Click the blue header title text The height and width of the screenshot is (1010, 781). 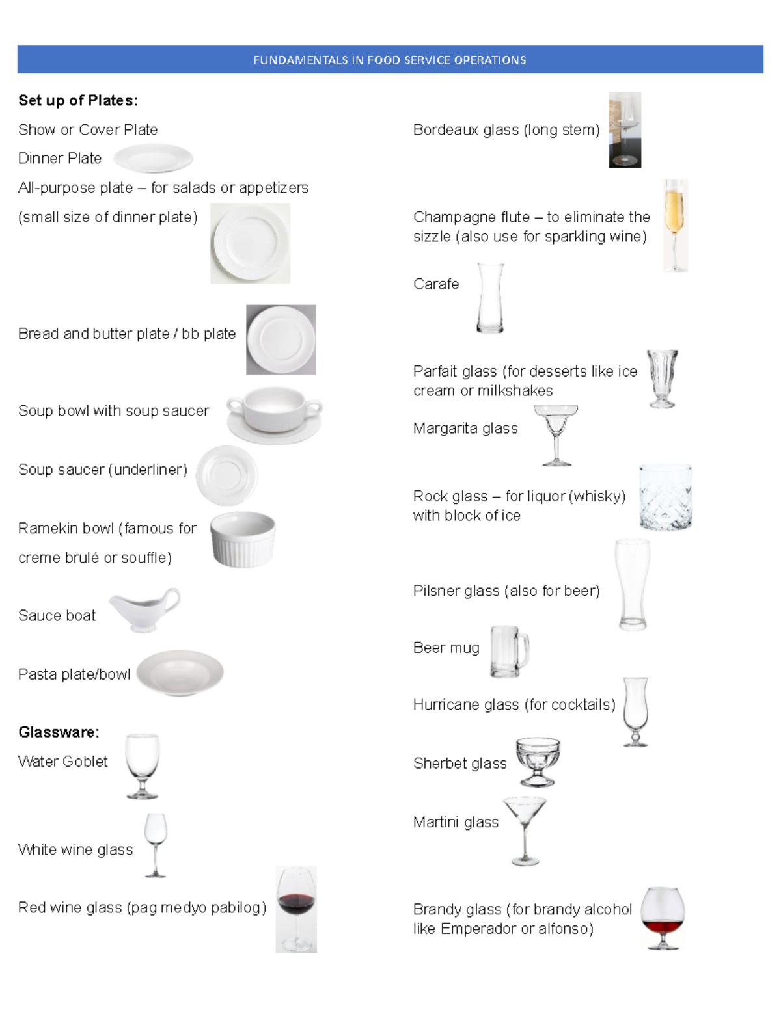389,60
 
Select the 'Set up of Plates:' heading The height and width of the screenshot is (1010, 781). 78,100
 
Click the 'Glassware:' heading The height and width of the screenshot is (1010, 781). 59,732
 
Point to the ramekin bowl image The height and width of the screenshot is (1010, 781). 243,539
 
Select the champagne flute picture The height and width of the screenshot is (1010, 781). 675,225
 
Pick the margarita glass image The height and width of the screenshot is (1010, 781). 556,434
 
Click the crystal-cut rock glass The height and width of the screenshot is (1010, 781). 665,498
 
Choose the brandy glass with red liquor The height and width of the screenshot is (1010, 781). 663,917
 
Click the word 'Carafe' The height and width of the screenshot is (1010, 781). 436,284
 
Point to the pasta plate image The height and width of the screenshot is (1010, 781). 180,673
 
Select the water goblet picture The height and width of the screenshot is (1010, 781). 142,765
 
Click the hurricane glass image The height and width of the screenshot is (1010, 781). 635,711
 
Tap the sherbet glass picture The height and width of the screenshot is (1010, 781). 538,761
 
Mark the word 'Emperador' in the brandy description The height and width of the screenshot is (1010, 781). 477,929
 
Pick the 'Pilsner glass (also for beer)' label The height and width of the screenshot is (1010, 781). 506,591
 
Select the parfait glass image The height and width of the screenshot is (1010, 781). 663,379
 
